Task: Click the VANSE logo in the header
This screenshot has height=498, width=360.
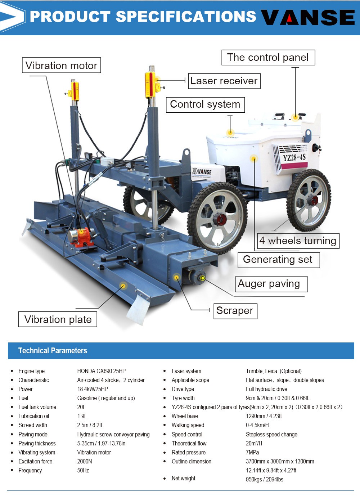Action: tap(308, 17)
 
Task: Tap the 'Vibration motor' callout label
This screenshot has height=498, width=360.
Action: tap(61, 66)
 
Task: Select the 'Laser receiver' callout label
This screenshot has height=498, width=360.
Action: tap(224, 81)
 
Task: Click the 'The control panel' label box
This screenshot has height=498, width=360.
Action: tap(268, 58)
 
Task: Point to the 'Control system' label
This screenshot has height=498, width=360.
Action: tap(205, 104)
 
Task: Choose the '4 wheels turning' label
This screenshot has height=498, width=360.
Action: tap(298, 241)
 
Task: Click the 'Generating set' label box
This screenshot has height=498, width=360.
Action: tap(278, 260)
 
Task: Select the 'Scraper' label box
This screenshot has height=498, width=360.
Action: tap(235, 311)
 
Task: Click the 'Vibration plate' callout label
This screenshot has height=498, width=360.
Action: tap(58, 319)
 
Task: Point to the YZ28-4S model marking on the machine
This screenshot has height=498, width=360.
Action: tap(294, 157)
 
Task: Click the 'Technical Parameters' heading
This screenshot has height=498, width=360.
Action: tap(53, 351)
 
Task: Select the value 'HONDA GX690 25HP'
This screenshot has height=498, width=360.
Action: tap(102, 371)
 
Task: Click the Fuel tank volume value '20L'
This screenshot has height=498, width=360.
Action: tap(81, 407)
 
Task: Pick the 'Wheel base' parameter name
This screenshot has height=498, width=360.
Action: tap(185, 416)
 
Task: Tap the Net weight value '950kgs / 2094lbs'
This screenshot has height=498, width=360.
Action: tap(264, 479)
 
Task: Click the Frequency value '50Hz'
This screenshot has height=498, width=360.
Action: tap(83, 470)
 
